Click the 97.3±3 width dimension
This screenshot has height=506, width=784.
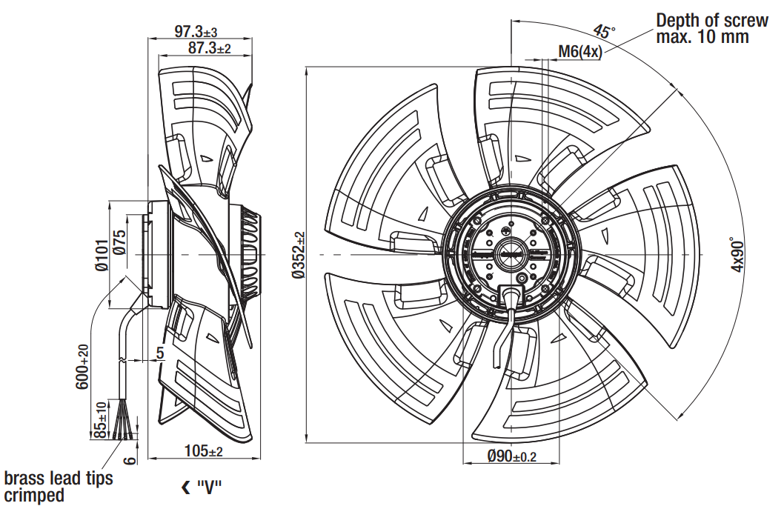click(x=196, y=32)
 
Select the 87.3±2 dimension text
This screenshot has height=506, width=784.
click(x=209, y=48)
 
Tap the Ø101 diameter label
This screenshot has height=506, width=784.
click(x=102, y=255)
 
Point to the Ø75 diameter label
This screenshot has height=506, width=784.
click(x=119, y=243)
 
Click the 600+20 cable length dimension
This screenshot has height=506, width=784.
click(x=82, y=367)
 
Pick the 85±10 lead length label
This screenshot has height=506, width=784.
click(x=100, y=420)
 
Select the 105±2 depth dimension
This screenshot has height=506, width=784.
click(x=204, y=451)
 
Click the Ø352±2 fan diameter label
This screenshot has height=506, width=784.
click(x=299, y=255)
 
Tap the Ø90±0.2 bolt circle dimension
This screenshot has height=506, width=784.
click(x=511, y=456)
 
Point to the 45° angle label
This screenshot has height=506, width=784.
click(x=604, y=31)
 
